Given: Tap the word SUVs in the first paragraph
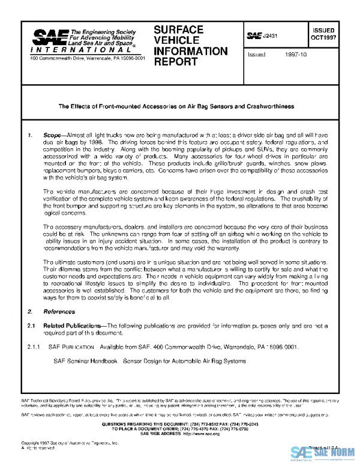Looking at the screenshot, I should coord(248,152).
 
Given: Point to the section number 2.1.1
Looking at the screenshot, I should coord(32,346).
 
